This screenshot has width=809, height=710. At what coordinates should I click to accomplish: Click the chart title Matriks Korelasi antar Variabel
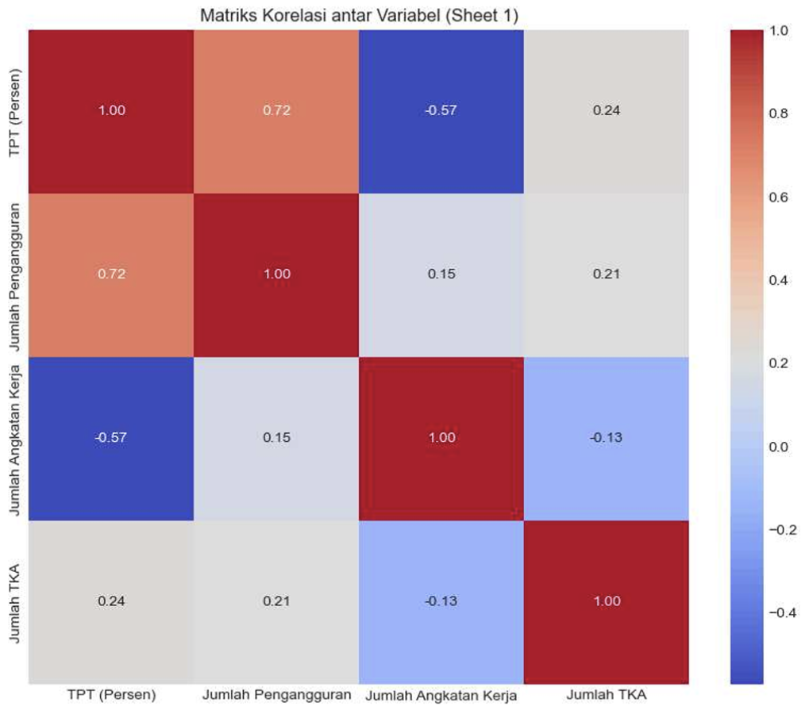coord(359,14)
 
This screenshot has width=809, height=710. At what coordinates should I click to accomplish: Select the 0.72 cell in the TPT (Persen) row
coord(276,110)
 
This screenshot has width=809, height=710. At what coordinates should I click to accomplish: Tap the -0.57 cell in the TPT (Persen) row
coord(441,110)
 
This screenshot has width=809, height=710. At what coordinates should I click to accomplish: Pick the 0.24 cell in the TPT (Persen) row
coord(606,110)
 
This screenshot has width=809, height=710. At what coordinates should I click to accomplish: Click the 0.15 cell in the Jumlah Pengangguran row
coord(441,274)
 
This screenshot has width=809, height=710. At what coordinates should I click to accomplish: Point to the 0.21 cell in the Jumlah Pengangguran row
coord(606,274)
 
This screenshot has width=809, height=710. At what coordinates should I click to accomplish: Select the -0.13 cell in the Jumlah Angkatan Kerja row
coord(606,438)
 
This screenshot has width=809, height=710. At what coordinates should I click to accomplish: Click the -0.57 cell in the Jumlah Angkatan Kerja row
coord(111,438)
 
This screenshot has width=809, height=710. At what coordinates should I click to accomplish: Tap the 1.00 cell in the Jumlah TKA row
coord(606,601)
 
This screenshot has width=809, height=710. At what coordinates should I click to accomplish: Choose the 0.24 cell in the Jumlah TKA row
coord(111,601)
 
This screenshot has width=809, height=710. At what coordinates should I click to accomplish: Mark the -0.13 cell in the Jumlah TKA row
coord(441,601)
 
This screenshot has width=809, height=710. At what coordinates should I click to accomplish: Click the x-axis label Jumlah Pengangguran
coord(276,696)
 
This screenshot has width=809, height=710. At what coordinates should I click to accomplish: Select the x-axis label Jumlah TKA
coord(607,696)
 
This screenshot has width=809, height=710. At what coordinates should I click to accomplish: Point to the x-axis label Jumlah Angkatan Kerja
coord(441,696)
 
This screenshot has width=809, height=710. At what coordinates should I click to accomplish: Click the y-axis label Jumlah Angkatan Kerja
coord(15,438)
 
